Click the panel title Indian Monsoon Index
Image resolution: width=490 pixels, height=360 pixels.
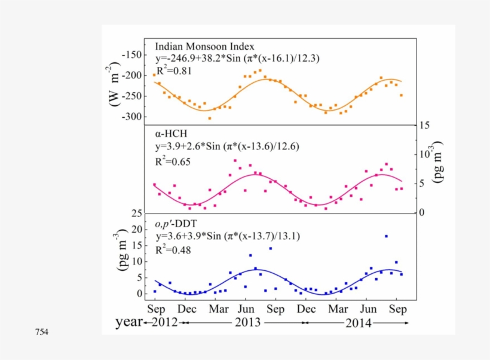[x=204, y=46]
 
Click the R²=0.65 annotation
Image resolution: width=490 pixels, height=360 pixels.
[x=173, y=161]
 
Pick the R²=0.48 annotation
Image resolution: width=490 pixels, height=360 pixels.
[x=173, y=250]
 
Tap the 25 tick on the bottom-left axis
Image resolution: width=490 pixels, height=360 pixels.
[x=137, y=213]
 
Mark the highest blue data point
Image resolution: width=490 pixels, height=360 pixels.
[x=387, y=236]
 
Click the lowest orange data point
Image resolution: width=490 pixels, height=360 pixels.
[x=209, y=118]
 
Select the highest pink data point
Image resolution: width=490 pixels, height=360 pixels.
[x=235, y=160]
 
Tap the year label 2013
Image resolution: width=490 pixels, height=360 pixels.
[x=246, y=323]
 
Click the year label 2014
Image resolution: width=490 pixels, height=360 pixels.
[x=358, y=323]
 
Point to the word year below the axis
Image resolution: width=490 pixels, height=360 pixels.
[x=128, y=322]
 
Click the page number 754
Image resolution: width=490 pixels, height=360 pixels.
[x=42, y=332]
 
